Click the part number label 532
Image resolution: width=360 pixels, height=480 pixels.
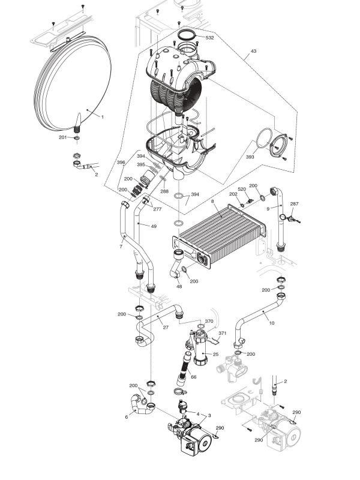[210, 38]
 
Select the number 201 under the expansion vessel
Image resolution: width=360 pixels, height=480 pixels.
[62, 137]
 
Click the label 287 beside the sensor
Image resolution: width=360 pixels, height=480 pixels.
[294, 204]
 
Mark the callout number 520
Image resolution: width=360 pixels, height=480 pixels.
[242, 189]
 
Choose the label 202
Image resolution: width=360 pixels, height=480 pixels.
[233, 194]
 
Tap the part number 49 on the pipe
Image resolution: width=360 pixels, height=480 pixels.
[154, 226]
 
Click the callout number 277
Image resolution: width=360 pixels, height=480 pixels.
[157, 209]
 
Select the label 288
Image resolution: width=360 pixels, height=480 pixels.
[164, 191]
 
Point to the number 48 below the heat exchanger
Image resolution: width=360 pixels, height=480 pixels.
[179, 286]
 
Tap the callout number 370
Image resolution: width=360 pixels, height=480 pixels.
[209, 322]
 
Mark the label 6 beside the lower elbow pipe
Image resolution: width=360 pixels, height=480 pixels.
[126, 417]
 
